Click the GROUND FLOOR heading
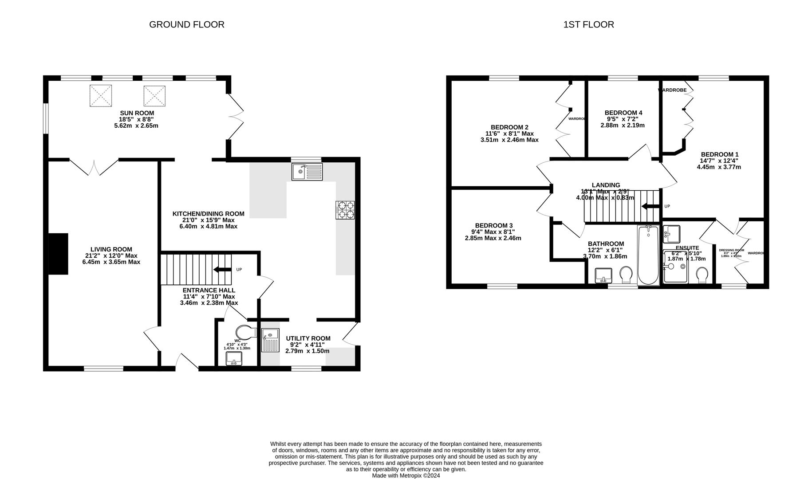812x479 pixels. tap(186, 24)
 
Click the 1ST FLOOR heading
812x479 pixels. tap(588, 24)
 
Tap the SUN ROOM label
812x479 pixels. tap(137, 113)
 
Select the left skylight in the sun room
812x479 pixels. tap(101, 96)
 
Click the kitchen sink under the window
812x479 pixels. tap(307, 172)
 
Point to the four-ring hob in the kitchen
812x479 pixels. tap(345, 210)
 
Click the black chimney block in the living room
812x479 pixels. tap(58, 254)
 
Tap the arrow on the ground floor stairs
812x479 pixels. tap(222, 269)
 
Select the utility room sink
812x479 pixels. tap(270, 340)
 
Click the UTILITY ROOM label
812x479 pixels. tap(308, 338)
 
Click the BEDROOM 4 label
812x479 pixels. tap(623, 113)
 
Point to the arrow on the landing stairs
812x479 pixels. tap(650, 206)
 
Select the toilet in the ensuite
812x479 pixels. tap(702, 275)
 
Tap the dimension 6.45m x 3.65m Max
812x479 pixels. tap(111, 262)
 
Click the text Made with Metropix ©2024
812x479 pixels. tap(406, 475)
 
